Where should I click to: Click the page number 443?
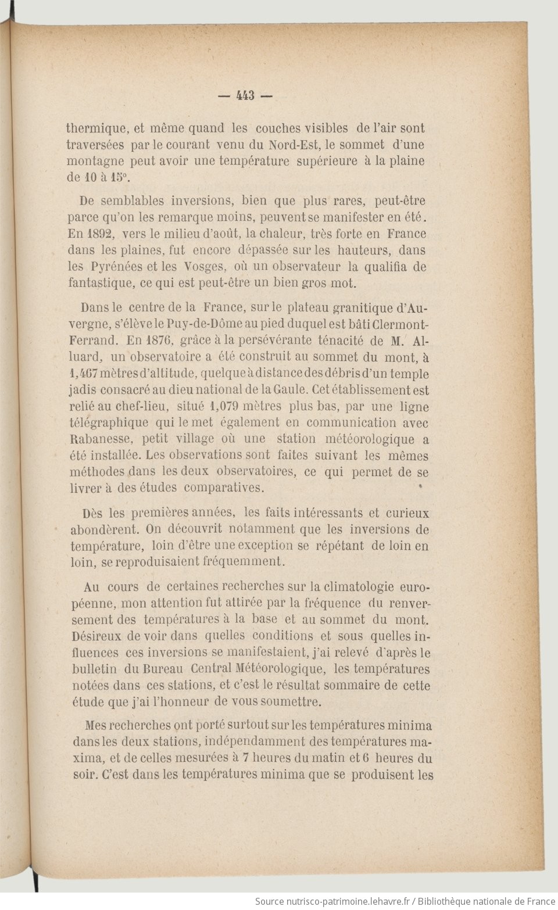tap(246, 96)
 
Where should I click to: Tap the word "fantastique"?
tap(100, 284)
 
